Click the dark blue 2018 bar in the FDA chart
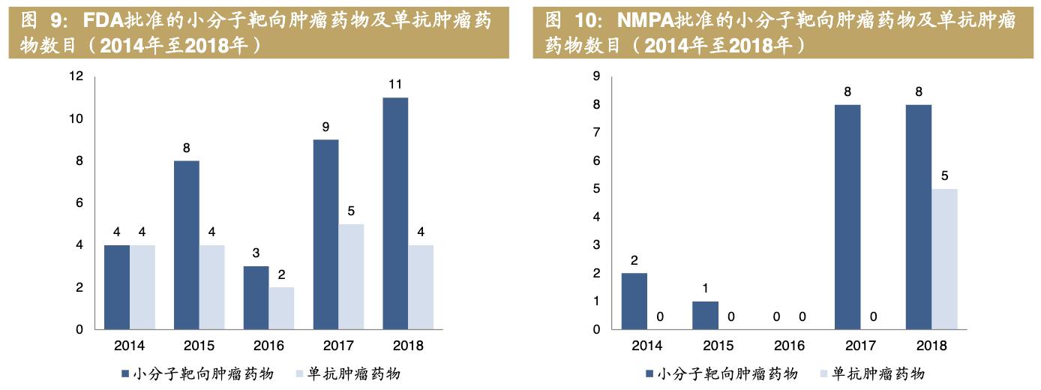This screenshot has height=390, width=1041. (x=395, y=214)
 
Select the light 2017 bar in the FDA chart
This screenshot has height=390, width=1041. (x=351, y=277)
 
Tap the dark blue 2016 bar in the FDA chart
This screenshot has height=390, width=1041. (x=256, y=298)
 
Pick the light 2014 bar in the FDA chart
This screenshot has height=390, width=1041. (x=142, y=287)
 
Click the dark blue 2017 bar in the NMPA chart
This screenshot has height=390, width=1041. (x=847, y=217)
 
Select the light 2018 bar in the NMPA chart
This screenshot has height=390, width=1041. (x=944, y=259)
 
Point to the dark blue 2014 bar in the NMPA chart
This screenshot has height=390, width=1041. (x=634, y=301)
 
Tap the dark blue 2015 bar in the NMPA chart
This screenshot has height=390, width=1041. (x=705, y=315)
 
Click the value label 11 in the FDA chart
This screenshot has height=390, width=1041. (x=395, y=84)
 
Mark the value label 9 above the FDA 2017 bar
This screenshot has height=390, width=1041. (x=325, y=127)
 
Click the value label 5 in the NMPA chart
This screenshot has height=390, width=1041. (x=944, y=176)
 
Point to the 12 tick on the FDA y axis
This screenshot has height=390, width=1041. (x=75, y=76)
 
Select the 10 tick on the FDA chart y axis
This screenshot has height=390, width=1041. (x=75, y=118)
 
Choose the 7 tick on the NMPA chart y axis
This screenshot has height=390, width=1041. (x=595, y=133)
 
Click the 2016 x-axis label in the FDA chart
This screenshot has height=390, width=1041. (x=268, y=346)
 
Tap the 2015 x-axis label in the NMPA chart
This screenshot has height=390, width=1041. (x=718, y=346)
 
